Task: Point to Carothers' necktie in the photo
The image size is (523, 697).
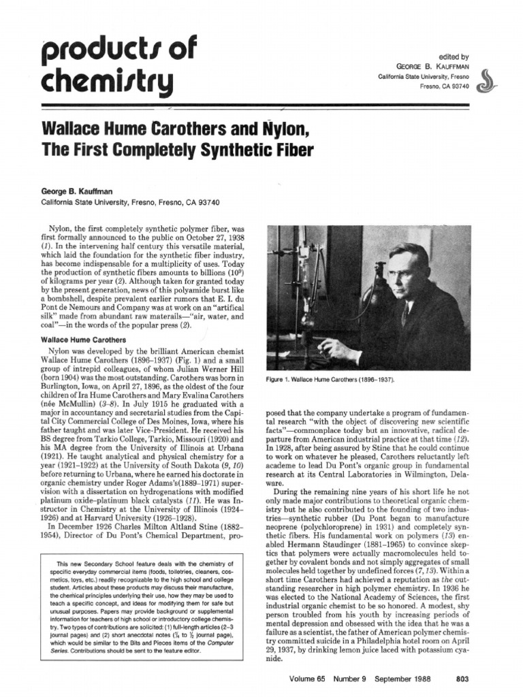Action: pyautogui.click(x=405, y=314)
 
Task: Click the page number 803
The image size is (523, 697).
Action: pyautogui.click(x=460, y=678)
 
